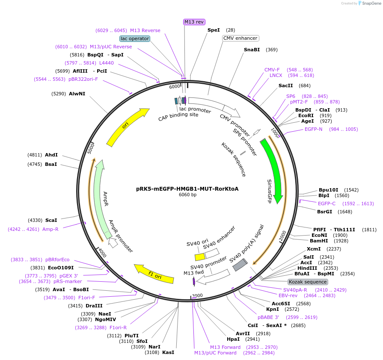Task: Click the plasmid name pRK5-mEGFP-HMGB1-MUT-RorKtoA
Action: [x=187, y=189]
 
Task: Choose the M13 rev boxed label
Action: [x=194, y=22]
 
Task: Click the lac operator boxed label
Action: [x=135, y=38]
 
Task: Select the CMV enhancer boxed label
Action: [x=240, y=38]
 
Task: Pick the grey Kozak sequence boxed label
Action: [x=308, y=282]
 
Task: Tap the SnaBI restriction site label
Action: [x=252, y=50]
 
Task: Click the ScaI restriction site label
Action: [x=51, y=220]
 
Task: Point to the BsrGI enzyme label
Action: [x=324, y=212]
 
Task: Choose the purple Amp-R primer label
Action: [x=50, y=229]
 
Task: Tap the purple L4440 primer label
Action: [x=107, y=63]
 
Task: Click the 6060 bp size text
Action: [x=187, y=195]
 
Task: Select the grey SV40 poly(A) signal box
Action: [x=240, y=265]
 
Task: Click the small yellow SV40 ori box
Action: [x=200, y=257]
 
